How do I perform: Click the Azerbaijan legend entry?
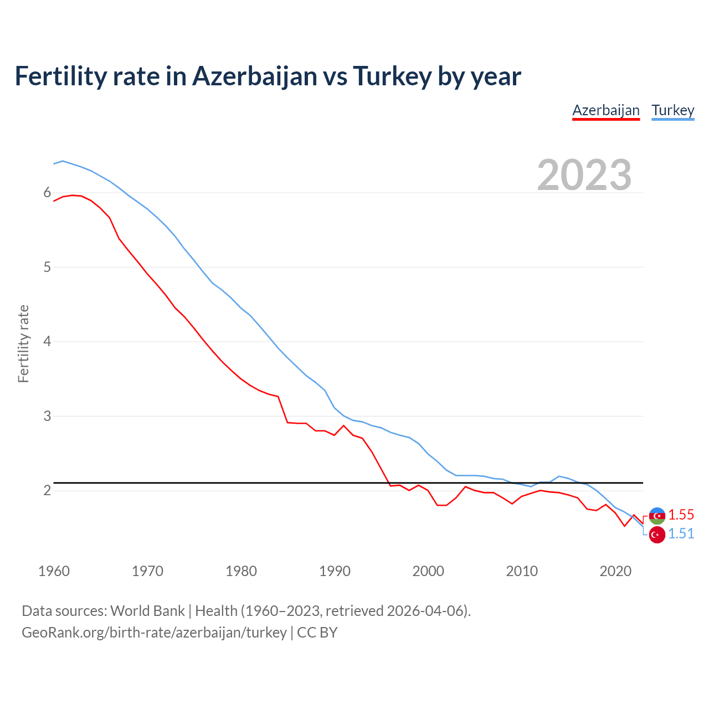(x=606, y=110)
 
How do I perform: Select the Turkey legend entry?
(x=672, y=110)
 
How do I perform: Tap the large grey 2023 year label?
(x=584, y=175)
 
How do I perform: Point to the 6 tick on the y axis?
(x=47, y=193)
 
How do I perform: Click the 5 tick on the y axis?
(x=47, y=268)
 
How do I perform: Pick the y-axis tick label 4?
(x=47, y=342)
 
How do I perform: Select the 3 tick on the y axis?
(x=47, y=416)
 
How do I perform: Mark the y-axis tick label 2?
(x=47, y=491)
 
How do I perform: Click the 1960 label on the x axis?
(x=54, y=571)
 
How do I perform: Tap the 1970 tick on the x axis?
(x=147, y=571)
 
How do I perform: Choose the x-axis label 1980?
(x=241, y=571)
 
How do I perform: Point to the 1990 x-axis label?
(x=335, y=571)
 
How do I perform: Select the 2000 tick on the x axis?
(x=428, y=571)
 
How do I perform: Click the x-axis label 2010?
(x=522, y=571)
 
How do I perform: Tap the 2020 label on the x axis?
(x=615, y=571)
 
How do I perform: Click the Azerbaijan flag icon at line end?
(x=657, y=516)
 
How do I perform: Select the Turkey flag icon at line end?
(x=657, y=535)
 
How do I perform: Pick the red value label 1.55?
(x=681, y=515)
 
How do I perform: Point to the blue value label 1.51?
(x=681, y=533)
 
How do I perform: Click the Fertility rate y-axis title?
(x=23, y=343)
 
